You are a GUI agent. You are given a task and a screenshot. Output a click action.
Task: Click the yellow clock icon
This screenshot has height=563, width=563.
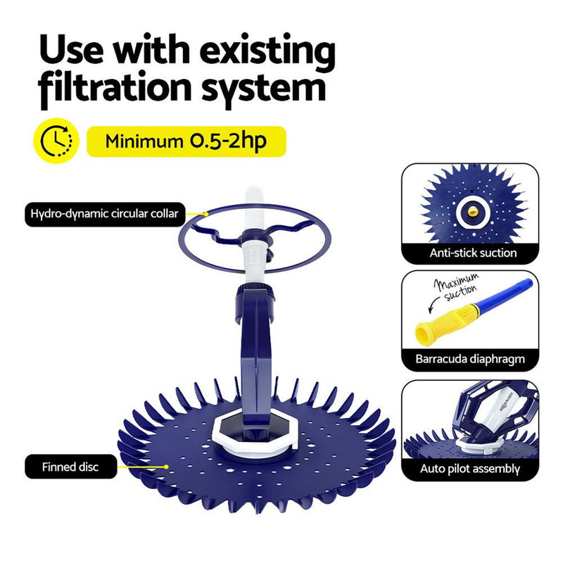pyautogui.click(x=56, y=141)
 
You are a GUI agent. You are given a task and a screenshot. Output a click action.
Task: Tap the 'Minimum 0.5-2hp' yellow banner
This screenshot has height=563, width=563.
pyautogui.click(x=186, y=141)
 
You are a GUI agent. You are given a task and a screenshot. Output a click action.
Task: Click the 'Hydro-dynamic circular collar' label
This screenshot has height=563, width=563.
pyautogui.click(x=104, y=213)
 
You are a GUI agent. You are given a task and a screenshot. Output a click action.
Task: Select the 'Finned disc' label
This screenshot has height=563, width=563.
pyautogui.click(x=70, y=466)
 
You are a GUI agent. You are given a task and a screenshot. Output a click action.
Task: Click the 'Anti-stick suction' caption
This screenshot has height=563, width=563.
pyautogui.click(x=474, y=253)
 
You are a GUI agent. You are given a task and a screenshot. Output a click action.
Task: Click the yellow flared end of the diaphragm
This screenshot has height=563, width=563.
pyautogui.click(x=430, y=329)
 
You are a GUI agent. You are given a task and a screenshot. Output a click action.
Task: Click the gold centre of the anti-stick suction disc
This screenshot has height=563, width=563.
pyautogui.click(x=471, y=208)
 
